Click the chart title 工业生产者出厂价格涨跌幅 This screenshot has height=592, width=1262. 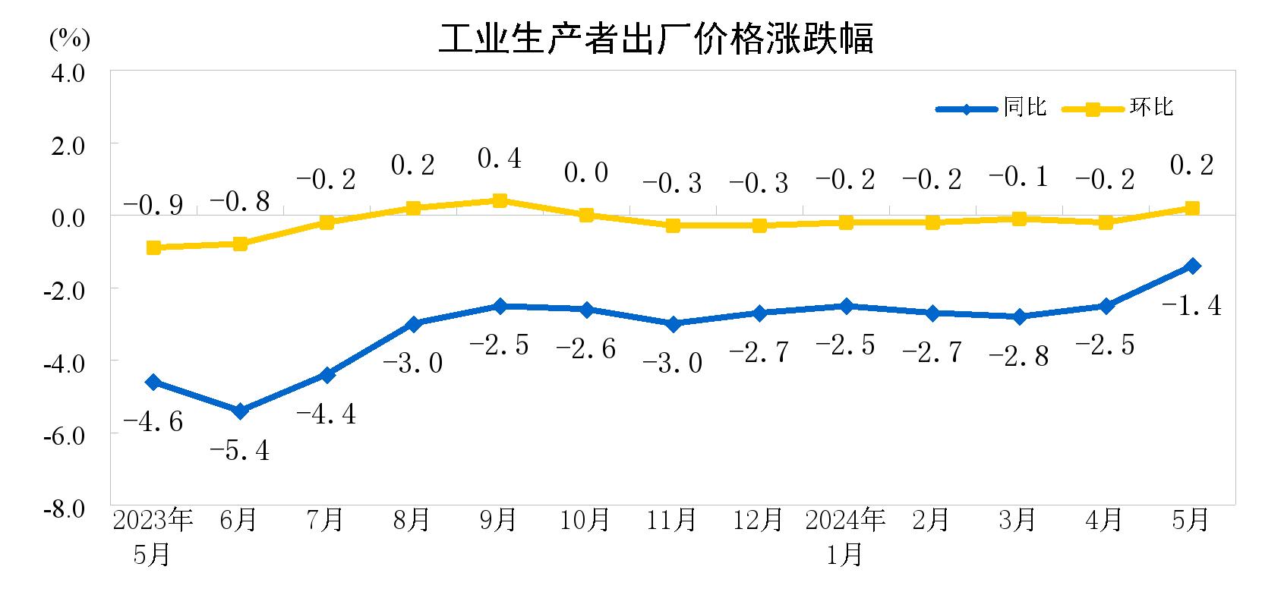656,38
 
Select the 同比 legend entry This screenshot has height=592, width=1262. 1024,107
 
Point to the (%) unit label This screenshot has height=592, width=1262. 69,39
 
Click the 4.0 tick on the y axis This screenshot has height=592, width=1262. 68,74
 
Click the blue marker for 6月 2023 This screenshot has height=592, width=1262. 240,411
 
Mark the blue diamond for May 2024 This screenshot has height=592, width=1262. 1192,266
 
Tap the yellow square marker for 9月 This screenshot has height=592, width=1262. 500,200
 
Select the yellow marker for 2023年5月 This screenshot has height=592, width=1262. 153,247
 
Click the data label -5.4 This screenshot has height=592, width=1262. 239,451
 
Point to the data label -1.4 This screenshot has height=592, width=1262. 1191,305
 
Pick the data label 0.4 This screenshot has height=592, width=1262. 500,159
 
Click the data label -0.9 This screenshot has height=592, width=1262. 153,205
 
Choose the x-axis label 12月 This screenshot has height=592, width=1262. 758,520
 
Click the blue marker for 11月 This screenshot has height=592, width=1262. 673,324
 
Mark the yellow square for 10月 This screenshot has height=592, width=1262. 586,215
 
